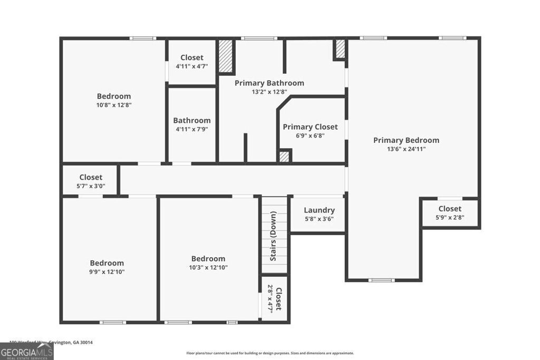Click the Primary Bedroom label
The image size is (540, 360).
pyautogui.click(x=406, y=140)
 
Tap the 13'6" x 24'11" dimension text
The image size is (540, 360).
pyautogui.click(x=406, y=149)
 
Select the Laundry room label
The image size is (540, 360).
pyautogui.click(x=319, y=210)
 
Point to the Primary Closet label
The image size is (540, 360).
pyautogui.click(x=310, y=127)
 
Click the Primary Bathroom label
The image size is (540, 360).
pyautogui.click(x=269, y=83)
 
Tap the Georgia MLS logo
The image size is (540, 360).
pyautogui.click(x=26, y=351)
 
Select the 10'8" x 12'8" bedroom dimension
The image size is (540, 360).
pyautogui.click(x=113, y=105)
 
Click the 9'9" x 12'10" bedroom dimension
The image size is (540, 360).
pyautogui.click(x=107, y=272)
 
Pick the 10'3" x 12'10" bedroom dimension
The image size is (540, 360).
pyautogui.click(x=208, y=267)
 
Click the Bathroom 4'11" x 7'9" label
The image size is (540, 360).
pyautogui.click(x=191, y=124)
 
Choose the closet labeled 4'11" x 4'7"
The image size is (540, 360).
pyautogui.click(x=191, y=62)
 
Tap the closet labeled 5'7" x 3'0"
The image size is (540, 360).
pyautogui.click(x=91, y=181)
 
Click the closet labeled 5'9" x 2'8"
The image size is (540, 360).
pyautogui.click(x=449, y=213)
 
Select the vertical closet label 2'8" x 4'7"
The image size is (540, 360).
pyautogui.click(x=275, y=299)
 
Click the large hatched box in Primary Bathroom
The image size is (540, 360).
pyautogui.click(x=226, y=56)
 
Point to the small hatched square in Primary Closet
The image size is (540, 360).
pyautogui.click(x=284, y=157)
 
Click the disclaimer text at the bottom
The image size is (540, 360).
pyautogui.click(x=270, y=353)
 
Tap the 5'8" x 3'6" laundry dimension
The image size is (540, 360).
pyautogui.click(x=319, y=219)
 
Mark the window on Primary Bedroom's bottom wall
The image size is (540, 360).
pyautogui.click(x=381, y=280)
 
